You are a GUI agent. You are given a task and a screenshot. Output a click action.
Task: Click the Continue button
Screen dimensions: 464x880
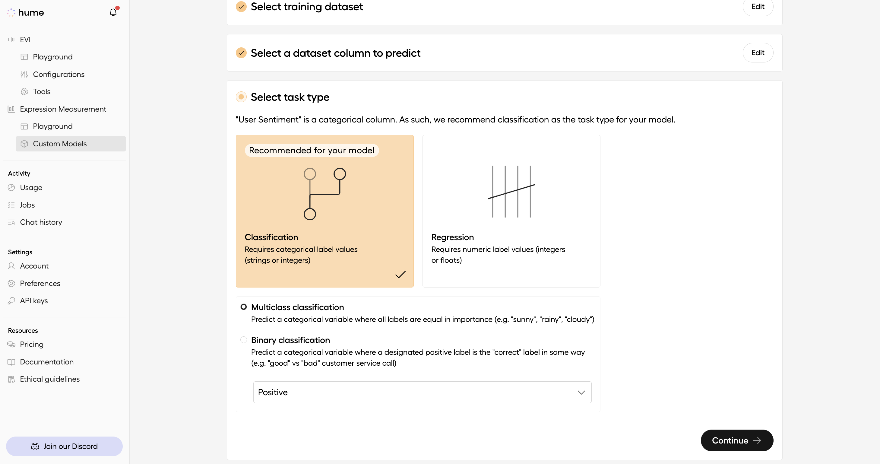pos(736,440)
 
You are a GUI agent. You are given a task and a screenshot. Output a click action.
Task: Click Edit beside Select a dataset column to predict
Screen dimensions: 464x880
pos(757,52)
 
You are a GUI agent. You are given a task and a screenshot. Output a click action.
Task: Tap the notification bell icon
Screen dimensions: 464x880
pos(113,12)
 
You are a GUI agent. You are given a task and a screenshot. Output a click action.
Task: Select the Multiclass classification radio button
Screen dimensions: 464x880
pos(244,307)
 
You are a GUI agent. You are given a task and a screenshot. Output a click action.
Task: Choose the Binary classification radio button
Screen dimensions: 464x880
pos(244,340)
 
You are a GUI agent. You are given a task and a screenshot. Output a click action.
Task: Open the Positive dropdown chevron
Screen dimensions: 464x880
pos(581,392)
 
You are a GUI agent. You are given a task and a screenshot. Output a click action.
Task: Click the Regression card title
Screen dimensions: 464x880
pos(452,237)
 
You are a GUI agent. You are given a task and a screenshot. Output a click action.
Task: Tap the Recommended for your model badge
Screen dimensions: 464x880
pos(311,150)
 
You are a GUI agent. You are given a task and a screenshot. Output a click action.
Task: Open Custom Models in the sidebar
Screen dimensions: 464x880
pos(60,144)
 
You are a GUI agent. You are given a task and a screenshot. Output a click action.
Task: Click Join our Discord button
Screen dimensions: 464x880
pos(64,446)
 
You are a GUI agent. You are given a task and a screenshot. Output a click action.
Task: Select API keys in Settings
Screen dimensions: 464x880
pos(34,301)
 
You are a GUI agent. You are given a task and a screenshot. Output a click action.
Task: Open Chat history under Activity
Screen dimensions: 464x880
pos(41,222)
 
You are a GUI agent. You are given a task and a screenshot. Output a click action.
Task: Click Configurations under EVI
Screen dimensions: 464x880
pos(59,74)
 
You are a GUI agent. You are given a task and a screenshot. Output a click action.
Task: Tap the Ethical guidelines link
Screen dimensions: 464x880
pos(49,379)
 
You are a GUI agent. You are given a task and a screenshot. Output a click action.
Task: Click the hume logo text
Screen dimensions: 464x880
pos(31,13)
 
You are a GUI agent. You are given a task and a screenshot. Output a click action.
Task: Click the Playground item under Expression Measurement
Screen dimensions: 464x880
pos(52,126)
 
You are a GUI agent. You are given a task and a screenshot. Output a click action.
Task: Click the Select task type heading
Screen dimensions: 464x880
pos(290,97)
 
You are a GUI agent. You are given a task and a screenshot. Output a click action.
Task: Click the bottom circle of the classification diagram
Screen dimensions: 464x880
pos(309,214)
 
